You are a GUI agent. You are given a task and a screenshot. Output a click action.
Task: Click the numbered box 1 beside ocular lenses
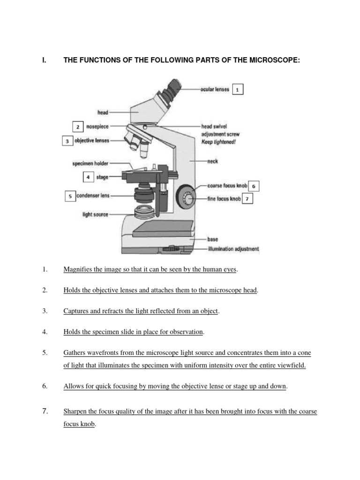coord(238,90)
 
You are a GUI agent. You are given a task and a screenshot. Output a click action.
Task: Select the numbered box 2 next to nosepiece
coord(78,127)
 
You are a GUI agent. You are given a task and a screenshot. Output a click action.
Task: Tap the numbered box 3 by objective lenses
coord(67,140)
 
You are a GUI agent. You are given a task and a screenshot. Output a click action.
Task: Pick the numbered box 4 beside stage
coord(88,177)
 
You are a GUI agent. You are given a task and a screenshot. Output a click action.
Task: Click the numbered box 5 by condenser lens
coord(70,196)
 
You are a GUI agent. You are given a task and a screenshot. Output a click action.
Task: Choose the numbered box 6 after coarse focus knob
coord(254,186)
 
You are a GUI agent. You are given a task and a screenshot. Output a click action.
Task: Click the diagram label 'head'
coord(103,112)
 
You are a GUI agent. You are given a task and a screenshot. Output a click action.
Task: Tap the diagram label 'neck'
coord(212,161)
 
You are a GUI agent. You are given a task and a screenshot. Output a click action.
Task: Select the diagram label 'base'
coord(213,239)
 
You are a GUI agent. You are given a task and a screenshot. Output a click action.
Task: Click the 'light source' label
coord(96,215)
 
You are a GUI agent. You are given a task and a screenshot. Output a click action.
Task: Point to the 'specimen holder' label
coord(90,164)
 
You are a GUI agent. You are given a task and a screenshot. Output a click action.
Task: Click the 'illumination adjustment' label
coord(233,249)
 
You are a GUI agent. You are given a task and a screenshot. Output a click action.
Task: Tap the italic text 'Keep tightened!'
coord(218,141)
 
